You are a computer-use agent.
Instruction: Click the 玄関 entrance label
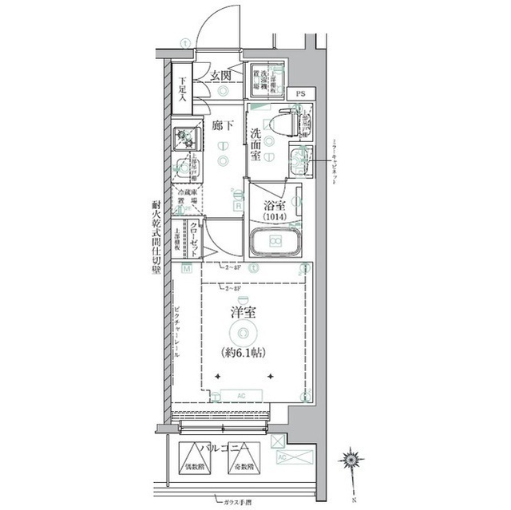pyautogui.click(x=220, y=76)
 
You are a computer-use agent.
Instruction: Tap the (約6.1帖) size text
pyautogui.click(x=244, y=352)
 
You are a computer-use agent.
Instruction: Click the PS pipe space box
pyautogui.click(x=300, y=94)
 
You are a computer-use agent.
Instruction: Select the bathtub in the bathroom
pyautogui.click(x=275, y=242)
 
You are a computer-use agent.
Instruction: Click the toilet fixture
pyautogui.click(x=283, y=124)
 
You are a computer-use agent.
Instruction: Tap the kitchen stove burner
pyautogui.click(x=186, y=139)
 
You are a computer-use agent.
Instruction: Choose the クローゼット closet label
pyautogui.click(x=194, y=236)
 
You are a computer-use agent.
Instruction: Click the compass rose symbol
pyautogui.click(x=351, y=461)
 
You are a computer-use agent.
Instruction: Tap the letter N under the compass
pyautogui.click(x=351, y=500)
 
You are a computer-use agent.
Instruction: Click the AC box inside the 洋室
pyautogui.click(x=242, y=394)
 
